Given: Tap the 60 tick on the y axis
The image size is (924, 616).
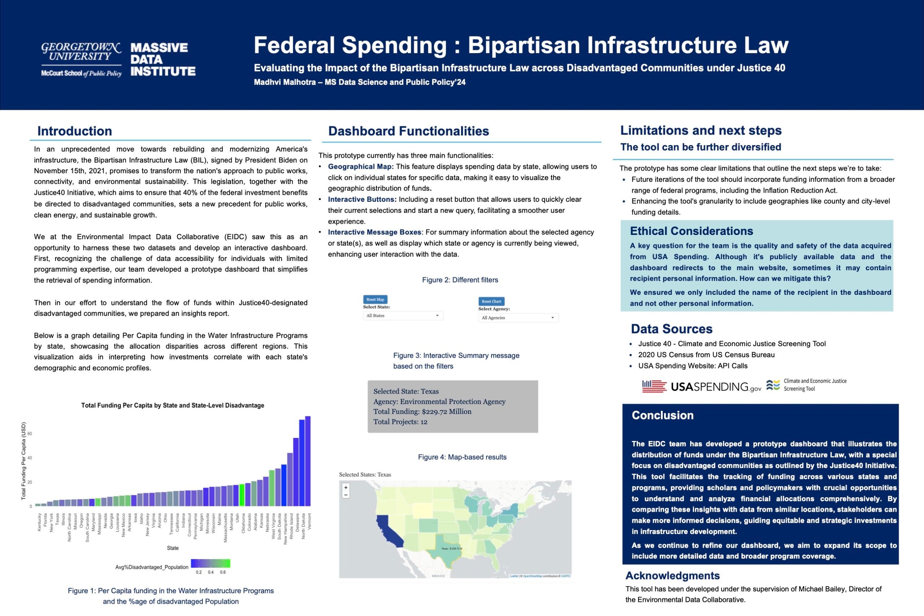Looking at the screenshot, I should coord(30,434).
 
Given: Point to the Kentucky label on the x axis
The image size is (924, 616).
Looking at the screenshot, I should coord(39,523).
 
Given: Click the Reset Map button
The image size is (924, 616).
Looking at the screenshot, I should coord(375,300).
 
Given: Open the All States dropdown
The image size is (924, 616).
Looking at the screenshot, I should coord(403,316).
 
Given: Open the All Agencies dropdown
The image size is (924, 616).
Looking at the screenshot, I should coord(518,318).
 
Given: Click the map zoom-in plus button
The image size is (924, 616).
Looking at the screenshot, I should coord(346,488).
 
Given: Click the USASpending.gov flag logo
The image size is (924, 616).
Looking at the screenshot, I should coord(654,386).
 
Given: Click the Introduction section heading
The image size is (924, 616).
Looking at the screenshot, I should coord(75,131).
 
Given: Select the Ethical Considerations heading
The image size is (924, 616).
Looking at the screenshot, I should coord(692,231).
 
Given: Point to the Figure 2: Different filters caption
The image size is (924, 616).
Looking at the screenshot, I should coord(460,280).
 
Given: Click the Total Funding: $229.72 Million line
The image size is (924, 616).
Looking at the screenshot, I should coord(422,412).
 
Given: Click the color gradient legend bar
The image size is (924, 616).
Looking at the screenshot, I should coord(210,563).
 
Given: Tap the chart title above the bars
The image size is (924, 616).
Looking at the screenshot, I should coord(173,405).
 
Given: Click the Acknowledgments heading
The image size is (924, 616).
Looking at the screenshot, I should coord(672,576).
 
